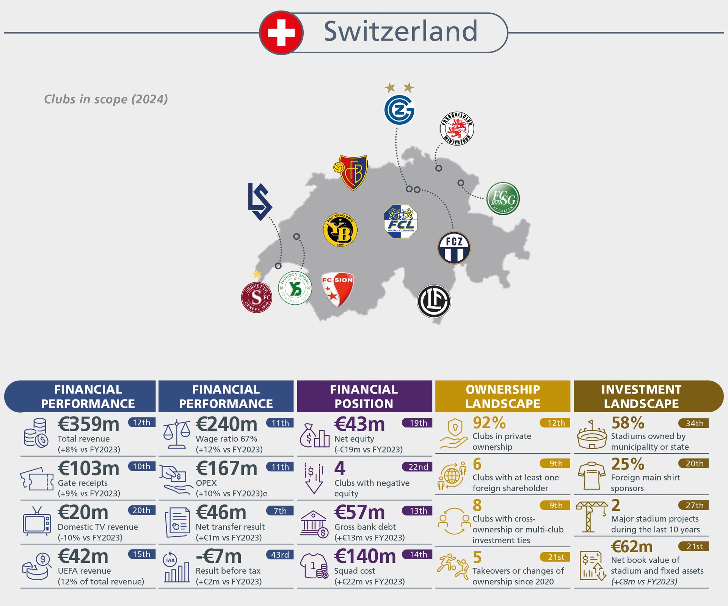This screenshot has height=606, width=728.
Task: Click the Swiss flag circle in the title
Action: tap(281, 33)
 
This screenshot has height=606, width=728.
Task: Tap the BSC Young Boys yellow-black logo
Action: tap(340, 230)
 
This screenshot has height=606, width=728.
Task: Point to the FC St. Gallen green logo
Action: tap(503, 199)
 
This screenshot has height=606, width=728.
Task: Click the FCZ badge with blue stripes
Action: tap(454, 248)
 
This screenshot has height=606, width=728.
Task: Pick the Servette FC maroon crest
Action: tap(257, 297)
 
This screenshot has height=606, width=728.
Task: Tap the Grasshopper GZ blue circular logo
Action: tap(399, 110)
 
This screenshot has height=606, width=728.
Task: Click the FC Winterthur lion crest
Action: tap(457, 128)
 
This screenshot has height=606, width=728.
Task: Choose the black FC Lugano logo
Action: tap(434, 301)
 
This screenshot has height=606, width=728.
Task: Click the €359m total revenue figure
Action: tap(88, 424)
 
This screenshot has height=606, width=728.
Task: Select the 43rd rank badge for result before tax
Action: tap(280, 554)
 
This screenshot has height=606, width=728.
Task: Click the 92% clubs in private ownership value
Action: tap(489, 423)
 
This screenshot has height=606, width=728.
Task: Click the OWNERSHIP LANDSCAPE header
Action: tap(502, 396)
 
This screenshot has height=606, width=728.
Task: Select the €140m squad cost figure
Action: tap(365, 556)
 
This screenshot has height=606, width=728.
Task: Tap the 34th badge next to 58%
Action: tap(694, 423)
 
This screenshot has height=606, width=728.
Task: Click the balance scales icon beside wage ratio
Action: tap(177, 434)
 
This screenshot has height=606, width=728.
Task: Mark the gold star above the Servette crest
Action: tap(257, 274)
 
